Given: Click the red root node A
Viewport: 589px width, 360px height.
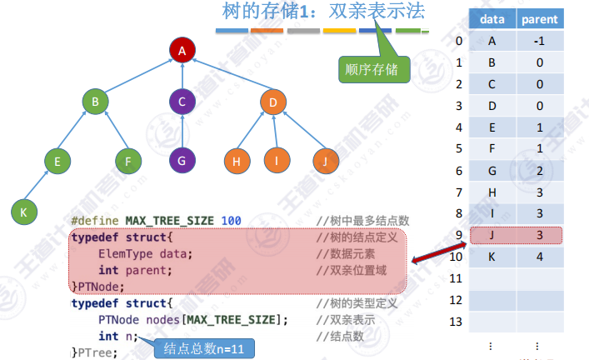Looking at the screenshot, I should pos(181,51).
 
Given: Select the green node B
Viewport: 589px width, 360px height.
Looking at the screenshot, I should pos(96,102).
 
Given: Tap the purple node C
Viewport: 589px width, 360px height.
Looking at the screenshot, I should pos(181,102).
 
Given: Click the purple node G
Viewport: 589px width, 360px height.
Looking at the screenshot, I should pos(181,159).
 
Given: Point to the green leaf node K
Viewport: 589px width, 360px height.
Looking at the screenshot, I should pos(23,212).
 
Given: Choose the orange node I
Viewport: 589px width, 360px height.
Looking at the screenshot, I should pos(276,159).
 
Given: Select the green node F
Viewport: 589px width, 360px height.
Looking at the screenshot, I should pos(127,159).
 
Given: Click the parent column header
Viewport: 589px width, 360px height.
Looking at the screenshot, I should pos(541,18).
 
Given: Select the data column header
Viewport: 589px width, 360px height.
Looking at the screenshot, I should pos(492,18).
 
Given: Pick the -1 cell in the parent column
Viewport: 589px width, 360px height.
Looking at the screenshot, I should pos(541,41).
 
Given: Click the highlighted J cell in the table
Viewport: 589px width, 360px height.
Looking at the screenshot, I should pos(492,235).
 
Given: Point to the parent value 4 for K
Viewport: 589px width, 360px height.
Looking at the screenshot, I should pos(541,257).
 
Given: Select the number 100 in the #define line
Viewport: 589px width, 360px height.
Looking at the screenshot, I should pos(232,221).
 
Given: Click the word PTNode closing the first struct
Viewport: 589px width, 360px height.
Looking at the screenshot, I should pos(96,285).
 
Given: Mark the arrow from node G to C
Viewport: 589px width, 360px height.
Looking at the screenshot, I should pos(181,131).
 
